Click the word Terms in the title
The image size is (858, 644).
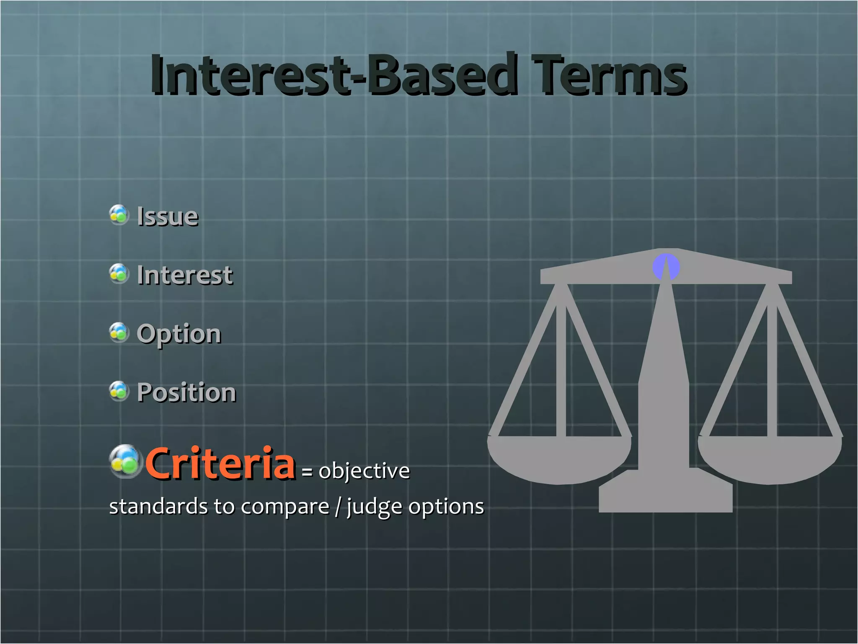pos(610,75)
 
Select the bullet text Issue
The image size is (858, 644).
pos(168,217)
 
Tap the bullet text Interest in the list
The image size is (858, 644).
pos(185,275)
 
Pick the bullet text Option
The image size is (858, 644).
pos(179,334)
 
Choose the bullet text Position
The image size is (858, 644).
pos(186,393)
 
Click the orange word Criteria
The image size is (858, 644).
pos(220,463)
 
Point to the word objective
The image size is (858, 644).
pos(364,471)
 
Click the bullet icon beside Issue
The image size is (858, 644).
pos(119,215)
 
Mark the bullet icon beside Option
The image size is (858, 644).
pos(119,332)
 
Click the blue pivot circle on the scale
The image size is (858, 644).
pos(666,267)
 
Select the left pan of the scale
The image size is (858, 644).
pos(559,459)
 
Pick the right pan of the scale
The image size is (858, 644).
pos(770,459)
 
